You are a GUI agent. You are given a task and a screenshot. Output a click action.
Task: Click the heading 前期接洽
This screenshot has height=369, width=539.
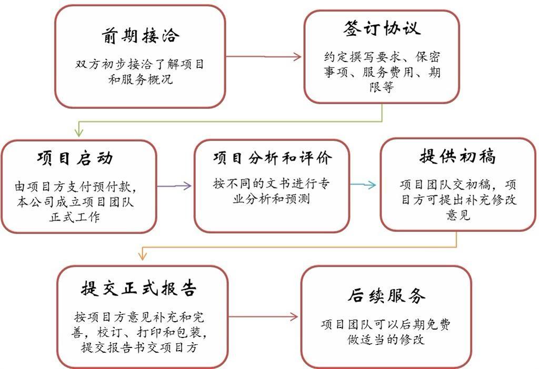click(141, 36)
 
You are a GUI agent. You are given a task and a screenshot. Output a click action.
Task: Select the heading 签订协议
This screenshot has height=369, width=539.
click(382, 28)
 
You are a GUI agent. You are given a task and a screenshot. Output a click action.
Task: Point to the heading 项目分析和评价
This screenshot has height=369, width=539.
click(273, 158)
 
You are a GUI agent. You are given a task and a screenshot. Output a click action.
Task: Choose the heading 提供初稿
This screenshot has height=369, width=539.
click(457, 156)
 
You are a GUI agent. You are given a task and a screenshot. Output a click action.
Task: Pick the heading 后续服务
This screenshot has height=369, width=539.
click(386, 296)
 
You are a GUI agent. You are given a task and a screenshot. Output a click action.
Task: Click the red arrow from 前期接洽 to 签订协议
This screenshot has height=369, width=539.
click(263, 56)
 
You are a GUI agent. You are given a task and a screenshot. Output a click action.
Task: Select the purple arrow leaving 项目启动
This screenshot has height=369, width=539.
click(174, 185)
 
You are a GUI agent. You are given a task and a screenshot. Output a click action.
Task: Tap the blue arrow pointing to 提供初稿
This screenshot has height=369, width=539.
click(363, 185)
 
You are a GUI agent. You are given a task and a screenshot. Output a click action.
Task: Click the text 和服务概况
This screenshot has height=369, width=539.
click(141, 81)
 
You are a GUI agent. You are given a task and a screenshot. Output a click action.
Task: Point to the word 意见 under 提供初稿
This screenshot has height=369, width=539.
click(458, 216)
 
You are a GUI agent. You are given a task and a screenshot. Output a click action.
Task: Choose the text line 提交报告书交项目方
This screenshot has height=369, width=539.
click(140, 348)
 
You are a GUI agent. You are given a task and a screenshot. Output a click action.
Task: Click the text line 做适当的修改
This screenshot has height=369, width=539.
click(386, 340)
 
